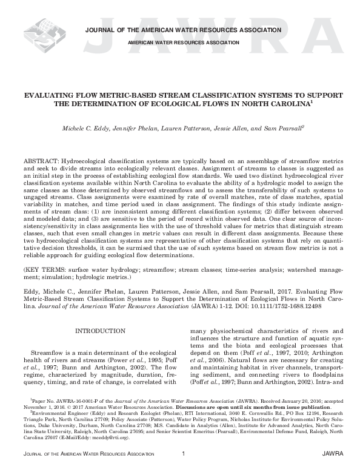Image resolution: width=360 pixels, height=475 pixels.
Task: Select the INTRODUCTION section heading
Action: tap(99, 331)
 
